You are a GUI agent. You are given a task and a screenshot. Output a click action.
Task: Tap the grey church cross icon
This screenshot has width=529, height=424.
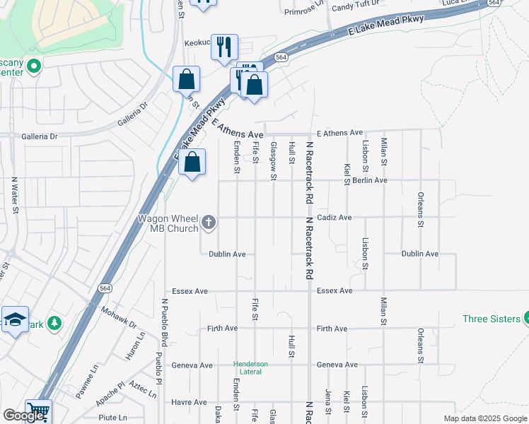coord(209,223)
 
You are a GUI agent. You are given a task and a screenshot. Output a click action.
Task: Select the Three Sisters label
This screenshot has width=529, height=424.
coord(491,319)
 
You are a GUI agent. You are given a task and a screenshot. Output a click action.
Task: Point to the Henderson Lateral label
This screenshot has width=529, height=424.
coord(251,368)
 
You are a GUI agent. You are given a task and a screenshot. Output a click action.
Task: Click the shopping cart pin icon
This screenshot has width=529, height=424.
coord(38,411)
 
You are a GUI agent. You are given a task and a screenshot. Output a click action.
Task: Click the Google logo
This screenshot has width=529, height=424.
coord(24,416)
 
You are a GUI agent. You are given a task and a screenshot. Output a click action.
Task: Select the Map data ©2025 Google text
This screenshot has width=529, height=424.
coord(484,418)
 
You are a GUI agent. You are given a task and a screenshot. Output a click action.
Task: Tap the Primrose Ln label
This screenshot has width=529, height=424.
coord(303,11)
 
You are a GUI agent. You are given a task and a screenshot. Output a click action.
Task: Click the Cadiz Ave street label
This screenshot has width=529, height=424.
coord(334,218)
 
